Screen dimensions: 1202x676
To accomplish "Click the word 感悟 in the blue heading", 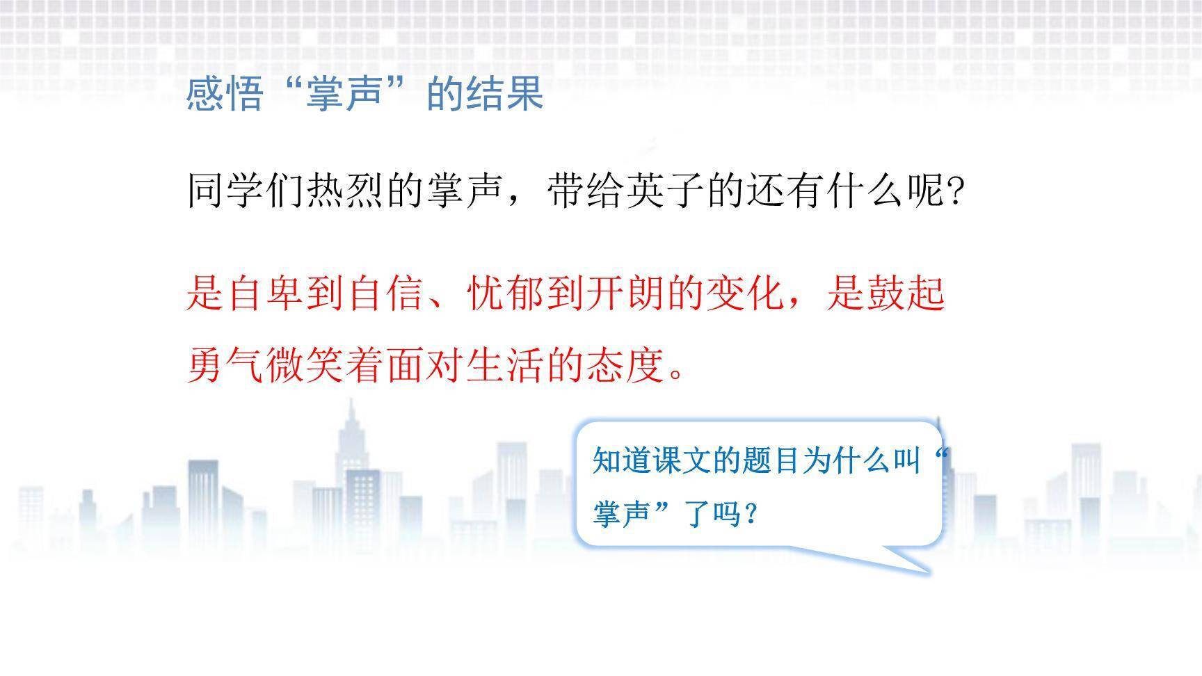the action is (x=225, y=93).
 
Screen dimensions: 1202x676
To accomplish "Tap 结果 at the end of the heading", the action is (x=505, y=93).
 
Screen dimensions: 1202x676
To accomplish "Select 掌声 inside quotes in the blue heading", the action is (x=346, y=93).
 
